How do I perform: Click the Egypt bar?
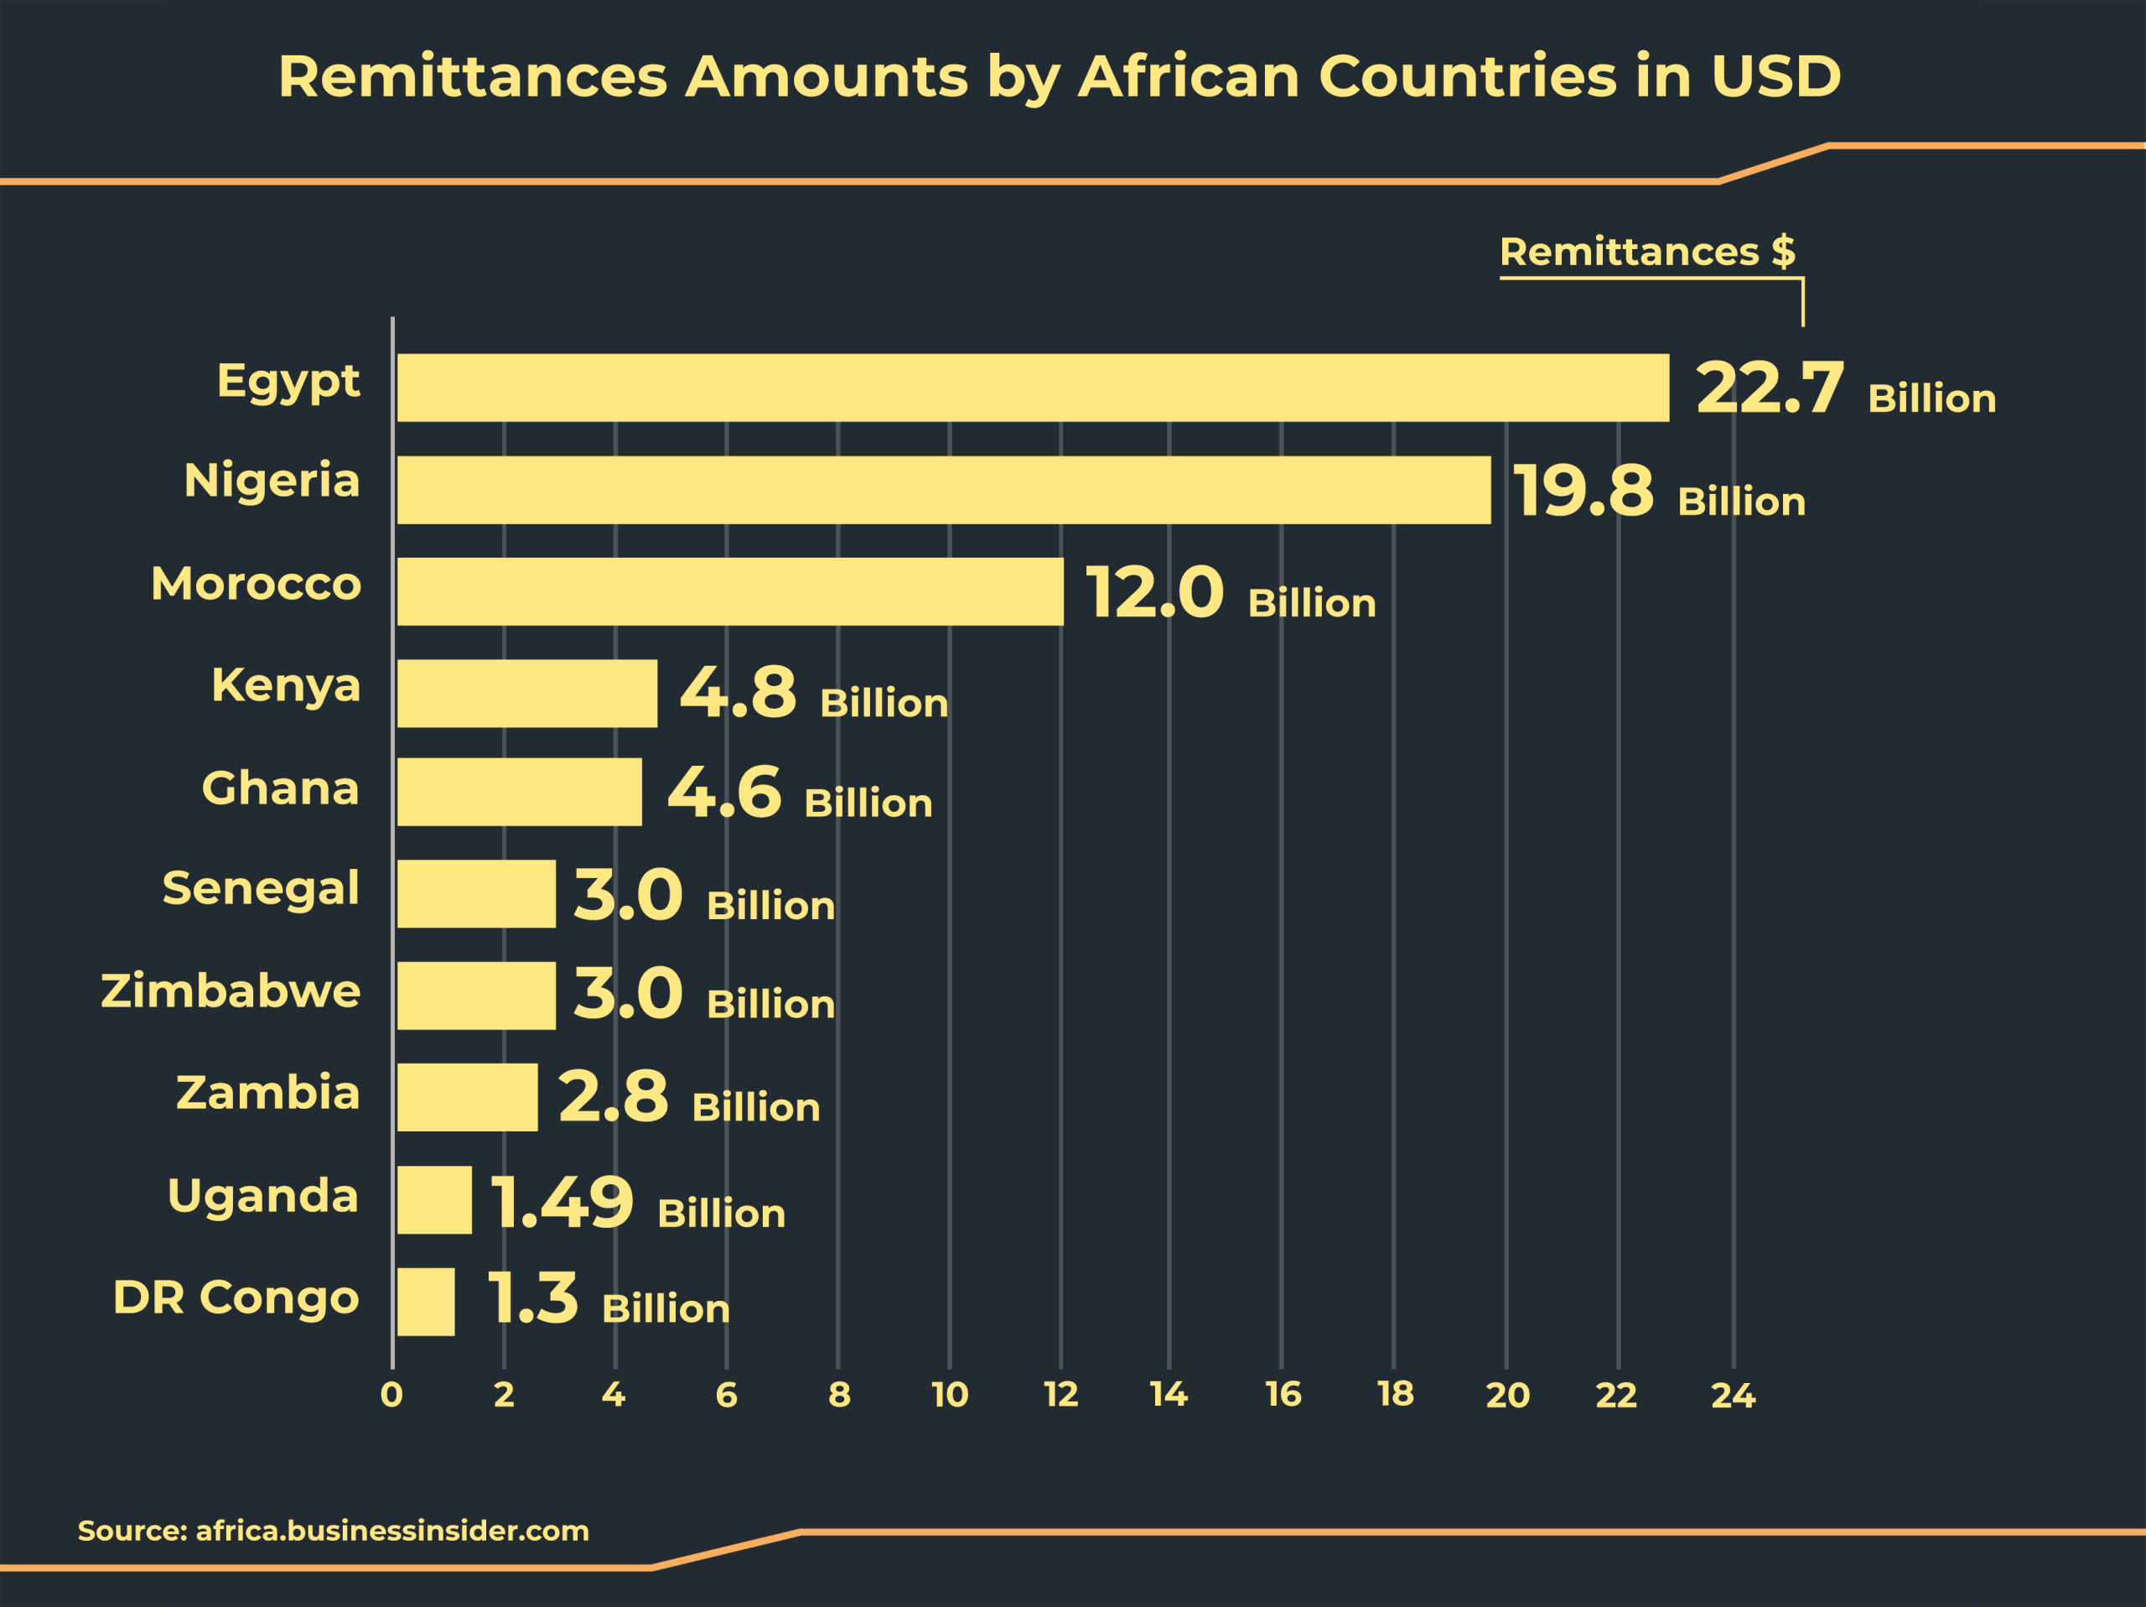1032,387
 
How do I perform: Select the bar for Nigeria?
943,490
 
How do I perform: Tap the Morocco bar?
729,591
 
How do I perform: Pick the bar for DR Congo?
425,1302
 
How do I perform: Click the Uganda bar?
433,1199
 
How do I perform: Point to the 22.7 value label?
1769,388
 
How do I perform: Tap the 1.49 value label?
561,1203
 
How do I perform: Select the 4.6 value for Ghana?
723,792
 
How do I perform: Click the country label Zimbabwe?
231,991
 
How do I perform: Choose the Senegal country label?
260,889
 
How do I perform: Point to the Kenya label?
285,685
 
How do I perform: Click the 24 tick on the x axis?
1733,1396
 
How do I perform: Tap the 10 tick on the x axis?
949,1396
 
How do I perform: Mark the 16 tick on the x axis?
1283,1396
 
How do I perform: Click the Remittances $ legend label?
1646,252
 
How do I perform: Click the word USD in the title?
1775,76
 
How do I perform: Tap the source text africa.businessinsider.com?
392,1531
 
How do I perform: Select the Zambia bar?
467,1096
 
